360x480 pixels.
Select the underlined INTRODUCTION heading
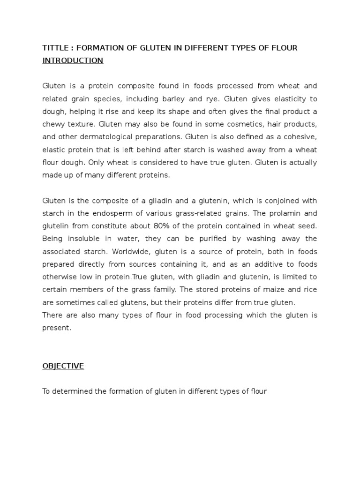click(x=73, y=60)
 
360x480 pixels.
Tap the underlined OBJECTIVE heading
click(x=63, y=366)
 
